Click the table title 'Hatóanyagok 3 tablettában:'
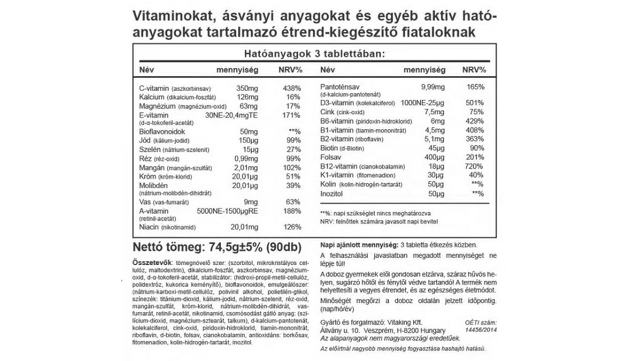pos(314,54)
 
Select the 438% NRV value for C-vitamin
pos(291,88)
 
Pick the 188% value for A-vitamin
pos(291,211)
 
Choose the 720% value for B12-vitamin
pos(474,166)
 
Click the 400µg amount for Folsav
pos(434,157)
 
